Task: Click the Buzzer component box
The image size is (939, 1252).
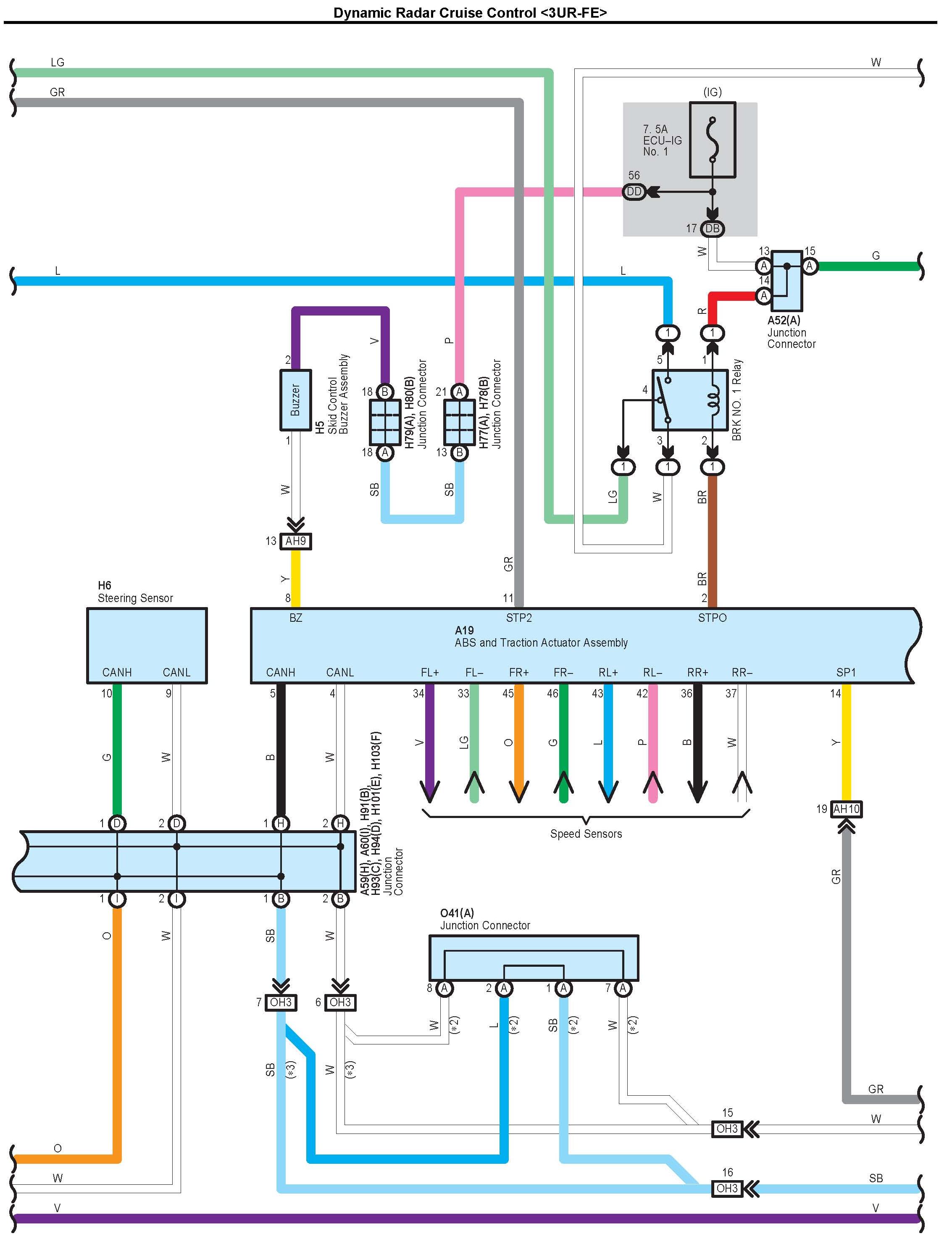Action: [295, 400]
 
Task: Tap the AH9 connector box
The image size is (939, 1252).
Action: [295, 541]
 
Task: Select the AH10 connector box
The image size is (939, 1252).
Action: [846, 809]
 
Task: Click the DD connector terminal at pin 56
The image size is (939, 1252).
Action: [634, 192]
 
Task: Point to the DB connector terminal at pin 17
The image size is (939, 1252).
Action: [712, 229]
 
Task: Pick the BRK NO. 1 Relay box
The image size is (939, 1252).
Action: [690, 400]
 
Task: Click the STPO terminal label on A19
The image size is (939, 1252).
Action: [712, 618]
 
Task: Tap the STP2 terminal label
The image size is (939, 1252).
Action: [518, 618]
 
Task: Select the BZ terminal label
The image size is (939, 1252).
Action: [295, 618]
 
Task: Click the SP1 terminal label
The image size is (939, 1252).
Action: [846, 672]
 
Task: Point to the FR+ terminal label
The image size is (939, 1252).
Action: [518, 672]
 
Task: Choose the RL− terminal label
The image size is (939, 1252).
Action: [652, 672]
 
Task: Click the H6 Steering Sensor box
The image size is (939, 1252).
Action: [147, 645]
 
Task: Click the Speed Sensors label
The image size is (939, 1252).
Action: [586, 834]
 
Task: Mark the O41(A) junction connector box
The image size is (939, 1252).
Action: [534, 957]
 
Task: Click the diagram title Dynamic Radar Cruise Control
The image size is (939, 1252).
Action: [470, 13]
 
